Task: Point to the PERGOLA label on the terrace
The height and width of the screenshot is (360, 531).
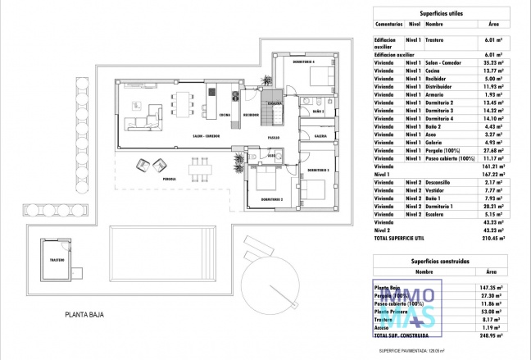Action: coord(170,178)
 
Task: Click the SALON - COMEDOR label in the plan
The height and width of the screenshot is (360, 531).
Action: coord(186,136)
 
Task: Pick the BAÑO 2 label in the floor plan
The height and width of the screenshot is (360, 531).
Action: coord(318,111)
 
